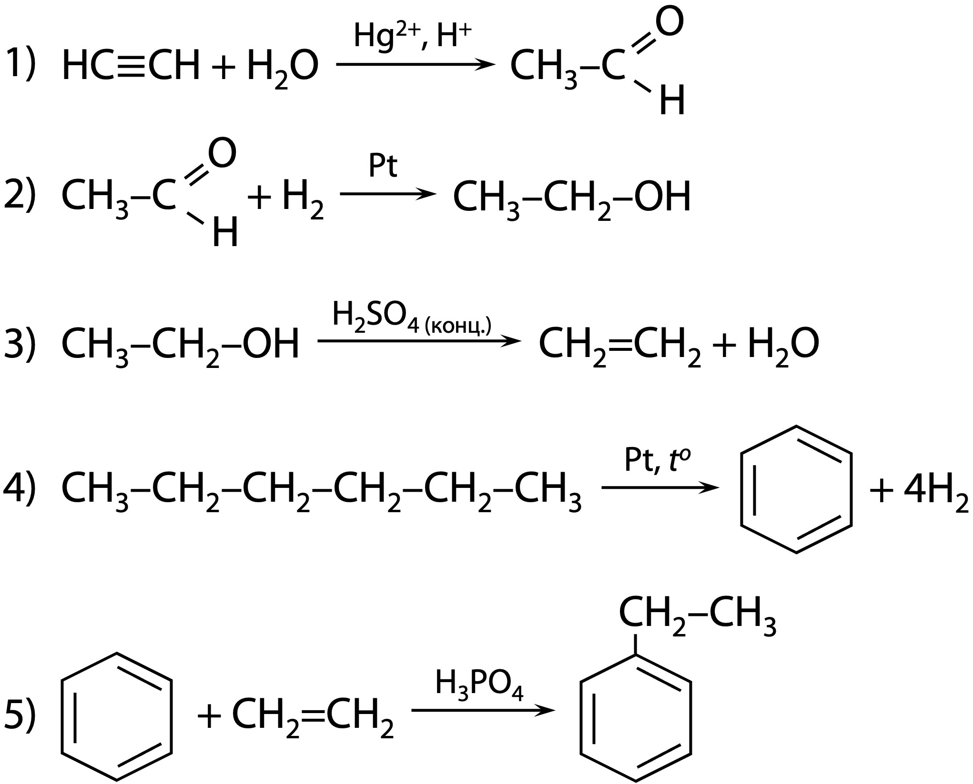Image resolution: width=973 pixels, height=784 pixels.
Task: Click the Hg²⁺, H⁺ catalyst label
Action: pos(413,37)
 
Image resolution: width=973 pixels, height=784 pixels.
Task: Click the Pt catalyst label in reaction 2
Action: pos(383,166)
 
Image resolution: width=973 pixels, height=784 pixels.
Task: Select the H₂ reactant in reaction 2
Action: pos(303,199)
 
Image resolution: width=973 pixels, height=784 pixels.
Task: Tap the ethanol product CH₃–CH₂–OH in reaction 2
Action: pos(571,198)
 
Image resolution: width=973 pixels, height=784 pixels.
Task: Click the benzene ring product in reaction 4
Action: pos(796,489)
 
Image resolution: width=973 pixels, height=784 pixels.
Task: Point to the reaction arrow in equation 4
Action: pos(660,487)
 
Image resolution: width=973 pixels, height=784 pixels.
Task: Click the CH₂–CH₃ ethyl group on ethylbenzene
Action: pos(697,615)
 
